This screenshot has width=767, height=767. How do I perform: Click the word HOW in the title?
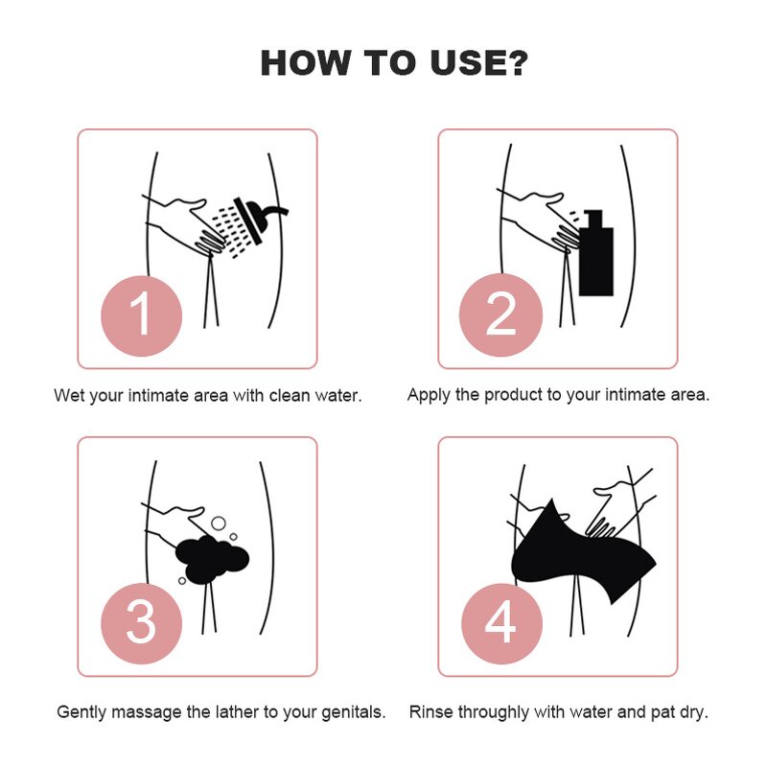click(304, 63)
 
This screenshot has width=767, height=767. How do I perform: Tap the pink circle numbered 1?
click(141, 315)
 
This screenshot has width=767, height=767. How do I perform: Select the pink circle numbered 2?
click(500, 315)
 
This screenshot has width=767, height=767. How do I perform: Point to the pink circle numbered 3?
click(141, 623)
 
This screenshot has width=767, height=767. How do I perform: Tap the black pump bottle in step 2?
click(595, 253)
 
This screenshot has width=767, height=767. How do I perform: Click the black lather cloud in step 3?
click(212, 560)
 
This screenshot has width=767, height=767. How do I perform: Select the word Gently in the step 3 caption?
click(81, 712)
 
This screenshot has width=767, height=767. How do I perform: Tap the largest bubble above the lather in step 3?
click(219, 523)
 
